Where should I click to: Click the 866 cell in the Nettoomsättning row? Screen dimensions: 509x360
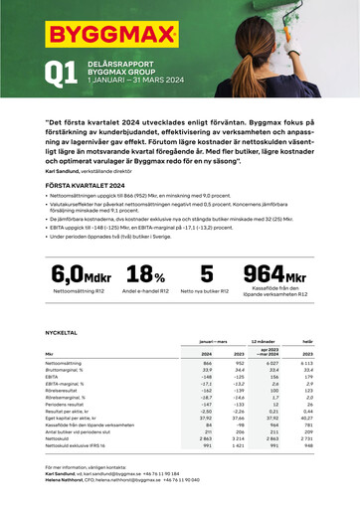click(207, 364)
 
